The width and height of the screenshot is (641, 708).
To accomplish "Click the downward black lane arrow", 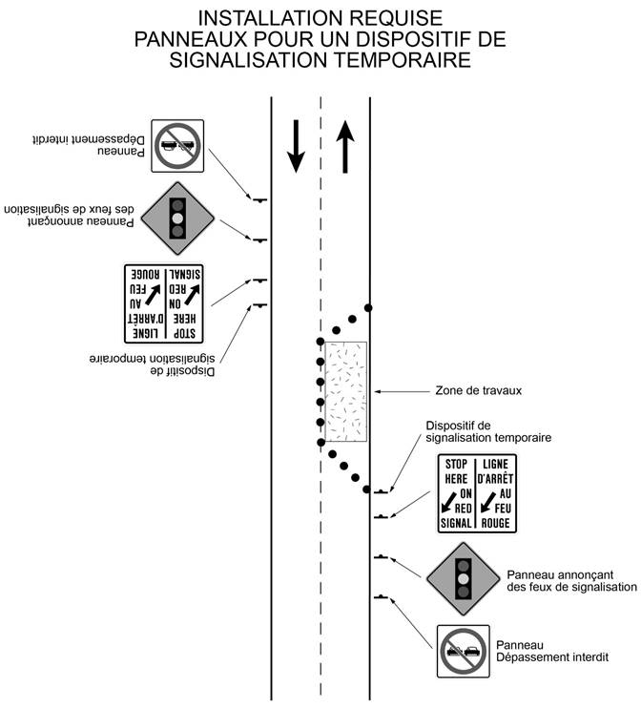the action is [x=296, y=146].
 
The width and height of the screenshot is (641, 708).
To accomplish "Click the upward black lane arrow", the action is [x=345, y=147].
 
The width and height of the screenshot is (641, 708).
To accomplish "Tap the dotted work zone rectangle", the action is [x=346, y=391].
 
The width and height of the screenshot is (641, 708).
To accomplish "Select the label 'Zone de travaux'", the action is [x=478, y=390].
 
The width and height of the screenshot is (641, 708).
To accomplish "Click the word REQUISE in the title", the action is [x=396, y=18].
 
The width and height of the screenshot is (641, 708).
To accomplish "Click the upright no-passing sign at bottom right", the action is [x=464, y=651].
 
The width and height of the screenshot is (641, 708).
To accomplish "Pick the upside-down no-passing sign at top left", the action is [x=177, y=146].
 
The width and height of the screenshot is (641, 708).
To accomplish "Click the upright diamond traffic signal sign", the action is [x=464, y=579].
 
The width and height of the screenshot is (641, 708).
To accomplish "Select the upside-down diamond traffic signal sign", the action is [x=177, y=219].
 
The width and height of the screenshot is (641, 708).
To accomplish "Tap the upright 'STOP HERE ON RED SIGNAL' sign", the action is [x=477, y=493].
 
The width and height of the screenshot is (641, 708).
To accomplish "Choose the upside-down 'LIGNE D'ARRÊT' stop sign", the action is [x=163, y=303].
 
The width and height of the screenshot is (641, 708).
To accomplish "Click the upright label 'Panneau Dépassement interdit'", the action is [x=552, y=651].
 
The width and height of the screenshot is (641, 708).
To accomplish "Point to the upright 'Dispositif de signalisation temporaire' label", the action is [x=488, y=431].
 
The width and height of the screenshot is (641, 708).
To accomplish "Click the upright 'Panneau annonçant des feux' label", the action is [x=572, y=581].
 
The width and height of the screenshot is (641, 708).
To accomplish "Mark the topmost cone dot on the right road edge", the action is [x=368, y=308].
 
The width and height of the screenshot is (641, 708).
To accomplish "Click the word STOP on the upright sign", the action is [x=456, y=464].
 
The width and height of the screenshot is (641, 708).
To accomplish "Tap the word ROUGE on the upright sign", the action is [x=495, y=523].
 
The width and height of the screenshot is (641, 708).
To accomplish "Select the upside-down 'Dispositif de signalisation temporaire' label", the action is [x=152, y=365].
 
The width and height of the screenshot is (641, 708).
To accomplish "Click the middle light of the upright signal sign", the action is [x=464, y=579].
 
